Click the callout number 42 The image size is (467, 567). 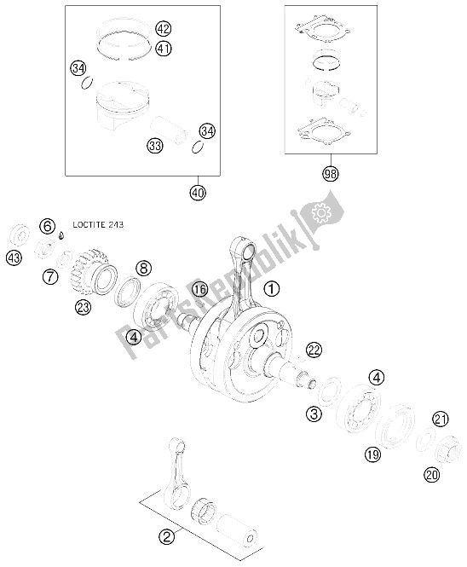tap(164, 29)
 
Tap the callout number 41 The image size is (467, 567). tap(164, 48)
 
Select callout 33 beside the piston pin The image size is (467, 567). tap(155, 146)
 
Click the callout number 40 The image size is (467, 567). tap(198, 193)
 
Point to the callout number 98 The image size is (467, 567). tap(331, 174)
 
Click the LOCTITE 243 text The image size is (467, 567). tap(98, 224)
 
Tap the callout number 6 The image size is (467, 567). tap(48, 227)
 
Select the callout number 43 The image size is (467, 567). tap(14, 258)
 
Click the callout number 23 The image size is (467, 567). tap(83, 307)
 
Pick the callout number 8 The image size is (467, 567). tap(143, 269)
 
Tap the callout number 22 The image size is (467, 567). tap(314, 350)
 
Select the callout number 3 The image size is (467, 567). tap(314, 414)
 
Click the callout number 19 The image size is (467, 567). tap(372, 454)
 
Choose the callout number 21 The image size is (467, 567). tap(441, 419)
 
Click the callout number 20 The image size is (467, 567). tap(432, 475)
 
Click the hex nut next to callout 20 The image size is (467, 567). tap(447, 448)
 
